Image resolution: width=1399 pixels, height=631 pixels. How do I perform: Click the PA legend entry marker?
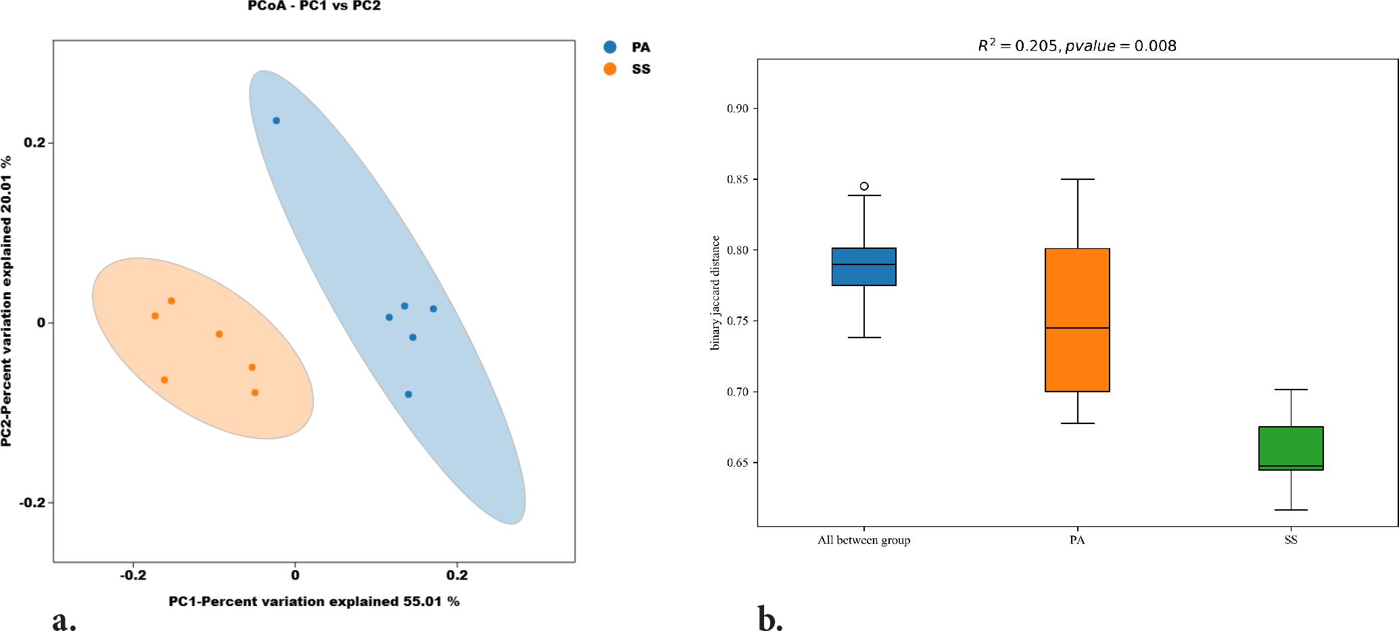610,47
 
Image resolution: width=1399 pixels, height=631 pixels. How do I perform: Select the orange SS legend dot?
610,69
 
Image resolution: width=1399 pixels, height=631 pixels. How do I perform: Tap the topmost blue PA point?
276,120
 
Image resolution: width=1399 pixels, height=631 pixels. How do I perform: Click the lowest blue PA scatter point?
408,394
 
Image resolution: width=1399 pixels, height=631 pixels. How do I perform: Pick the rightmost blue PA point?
433,309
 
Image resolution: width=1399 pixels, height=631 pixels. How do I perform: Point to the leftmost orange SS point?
155,316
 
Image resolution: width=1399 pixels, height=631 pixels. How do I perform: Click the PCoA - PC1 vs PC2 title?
314,6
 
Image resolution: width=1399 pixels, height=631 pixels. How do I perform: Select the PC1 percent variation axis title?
314,601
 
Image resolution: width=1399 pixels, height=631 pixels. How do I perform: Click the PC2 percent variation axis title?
7,301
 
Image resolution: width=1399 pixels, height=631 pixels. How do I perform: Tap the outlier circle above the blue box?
864,186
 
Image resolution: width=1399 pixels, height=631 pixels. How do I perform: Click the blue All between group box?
864,266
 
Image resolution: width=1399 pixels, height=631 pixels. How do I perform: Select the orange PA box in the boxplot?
1077,320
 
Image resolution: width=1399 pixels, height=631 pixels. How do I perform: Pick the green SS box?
1291,448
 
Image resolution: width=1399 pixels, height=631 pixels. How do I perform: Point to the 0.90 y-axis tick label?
738,109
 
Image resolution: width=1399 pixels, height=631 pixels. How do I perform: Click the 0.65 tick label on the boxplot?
738,463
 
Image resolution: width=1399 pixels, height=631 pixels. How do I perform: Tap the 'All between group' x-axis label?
863,540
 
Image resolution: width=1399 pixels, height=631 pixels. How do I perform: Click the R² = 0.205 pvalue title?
1077,45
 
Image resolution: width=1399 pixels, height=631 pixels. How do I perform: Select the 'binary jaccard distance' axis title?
715,292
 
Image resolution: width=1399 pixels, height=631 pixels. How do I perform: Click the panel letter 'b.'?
770,619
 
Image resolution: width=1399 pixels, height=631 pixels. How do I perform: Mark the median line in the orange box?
1077,328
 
